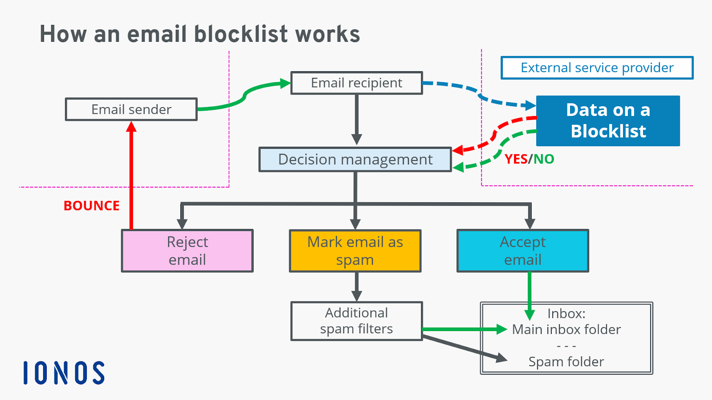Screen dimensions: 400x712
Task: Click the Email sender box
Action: [131, 109]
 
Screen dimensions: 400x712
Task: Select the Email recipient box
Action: [356, 83]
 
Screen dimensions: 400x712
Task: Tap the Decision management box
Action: [355, 160]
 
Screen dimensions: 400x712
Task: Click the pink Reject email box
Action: [187, 251]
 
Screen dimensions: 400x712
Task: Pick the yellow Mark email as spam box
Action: [355, 251]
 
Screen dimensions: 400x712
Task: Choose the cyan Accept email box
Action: [523, 251]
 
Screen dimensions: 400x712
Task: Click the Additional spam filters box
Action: [356, 321]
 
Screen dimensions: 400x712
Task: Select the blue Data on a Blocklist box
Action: [608, 120]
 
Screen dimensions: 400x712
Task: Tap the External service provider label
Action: [597, 68]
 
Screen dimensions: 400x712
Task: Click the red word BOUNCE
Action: [92, 206]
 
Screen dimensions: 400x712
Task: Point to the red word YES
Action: [516, 159]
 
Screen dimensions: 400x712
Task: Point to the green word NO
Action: [544, 159]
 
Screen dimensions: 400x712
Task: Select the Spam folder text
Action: [566, 362]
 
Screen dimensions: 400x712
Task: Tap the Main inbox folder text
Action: [566, 330]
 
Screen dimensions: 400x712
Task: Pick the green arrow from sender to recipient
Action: [244, 96]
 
